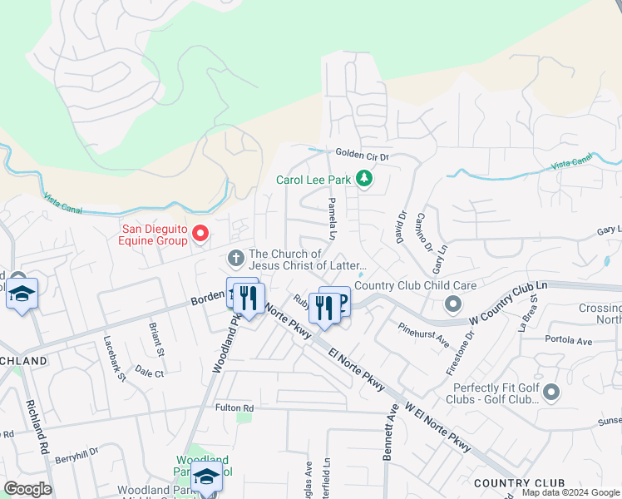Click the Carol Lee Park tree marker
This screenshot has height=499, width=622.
pyautogui.click(x=363, y=179)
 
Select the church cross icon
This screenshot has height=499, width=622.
pyautogui.click(x=235, y=260)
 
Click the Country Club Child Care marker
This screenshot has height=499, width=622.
pyautogui.click(x=452, y=304)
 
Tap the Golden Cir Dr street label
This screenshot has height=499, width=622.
pyautogui.click(x=362, y=155)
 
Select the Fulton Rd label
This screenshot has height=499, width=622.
pyautogui.click(x=234, y=408)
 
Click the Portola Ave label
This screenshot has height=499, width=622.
pyautogui.click(x=568, y=341)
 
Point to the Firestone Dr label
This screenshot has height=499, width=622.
pyautogui.click(x=470, y=347)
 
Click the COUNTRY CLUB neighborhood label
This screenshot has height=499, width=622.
pyautogui.click(x=519, y=483)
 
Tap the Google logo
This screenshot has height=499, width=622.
pyautogui.click(x=27, y=489)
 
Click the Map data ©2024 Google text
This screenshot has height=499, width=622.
pyautogui.click(x=570, y=492)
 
